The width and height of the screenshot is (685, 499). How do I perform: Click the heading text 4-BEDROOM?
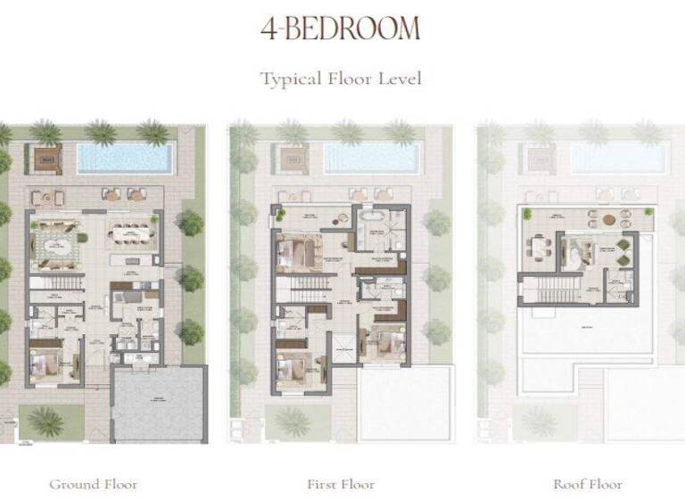click(x=340, y=29)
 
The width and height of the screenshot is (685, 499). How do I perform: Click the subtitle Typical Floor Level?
click(x=341, y=78)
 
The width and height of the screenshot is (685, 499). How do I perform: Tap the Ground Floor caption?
click(x=94, y=484)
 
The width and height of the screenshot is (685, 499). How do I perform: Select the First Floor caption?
click(x=341, y=484)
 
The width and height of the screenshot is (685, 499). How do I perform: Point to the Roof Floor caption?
click(x=588, y=484)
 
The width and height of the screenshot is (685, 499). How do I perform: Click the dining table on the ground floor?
click(x=132, y=235)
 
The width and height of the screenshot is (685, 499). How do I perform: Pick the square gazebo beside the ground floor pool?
click(x=45, y=160)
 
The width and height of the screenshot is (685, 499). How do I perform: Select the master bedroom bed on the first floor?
click(x=297, y=252)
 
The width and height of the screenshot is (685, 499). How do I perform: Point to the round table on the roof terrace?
click(x=608, y=219)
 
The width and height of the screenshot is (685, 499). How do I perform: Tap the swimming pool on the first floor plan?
click(x=370, y=159)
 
